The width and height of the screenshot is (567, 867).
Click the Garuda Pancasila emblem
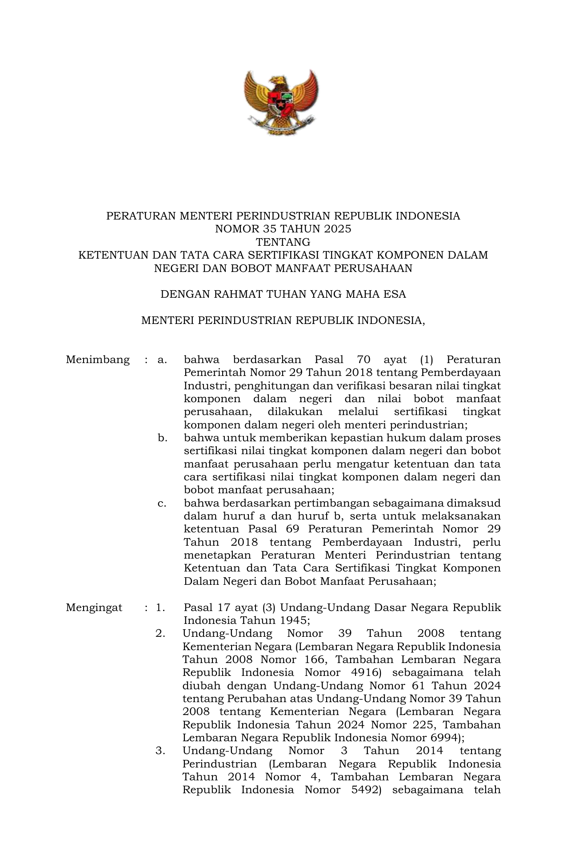tap(281, 102)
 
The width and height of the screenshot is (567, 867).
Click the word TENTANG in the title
tap(283, 242)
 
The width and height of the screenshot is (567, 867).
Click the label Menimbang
tap(98, 360)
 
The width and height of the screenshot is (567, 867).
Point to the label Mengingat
tap(94, 607)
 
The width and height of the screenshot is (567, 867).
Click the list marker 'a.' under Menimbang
tap(162, 360)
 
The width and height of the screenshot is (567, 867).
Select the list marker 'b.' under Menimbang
tap(162, 438)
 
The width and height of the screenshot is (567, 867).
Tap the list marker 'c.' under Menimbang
tap(162, 503)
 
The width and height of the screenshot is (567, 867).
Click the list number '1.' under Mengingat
tap(160, 607)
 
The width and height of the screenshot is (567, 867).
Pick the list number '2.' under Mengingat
tap(160, 633)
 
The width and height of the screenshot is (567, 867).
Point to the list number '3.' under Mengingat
tap(160, 751)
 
